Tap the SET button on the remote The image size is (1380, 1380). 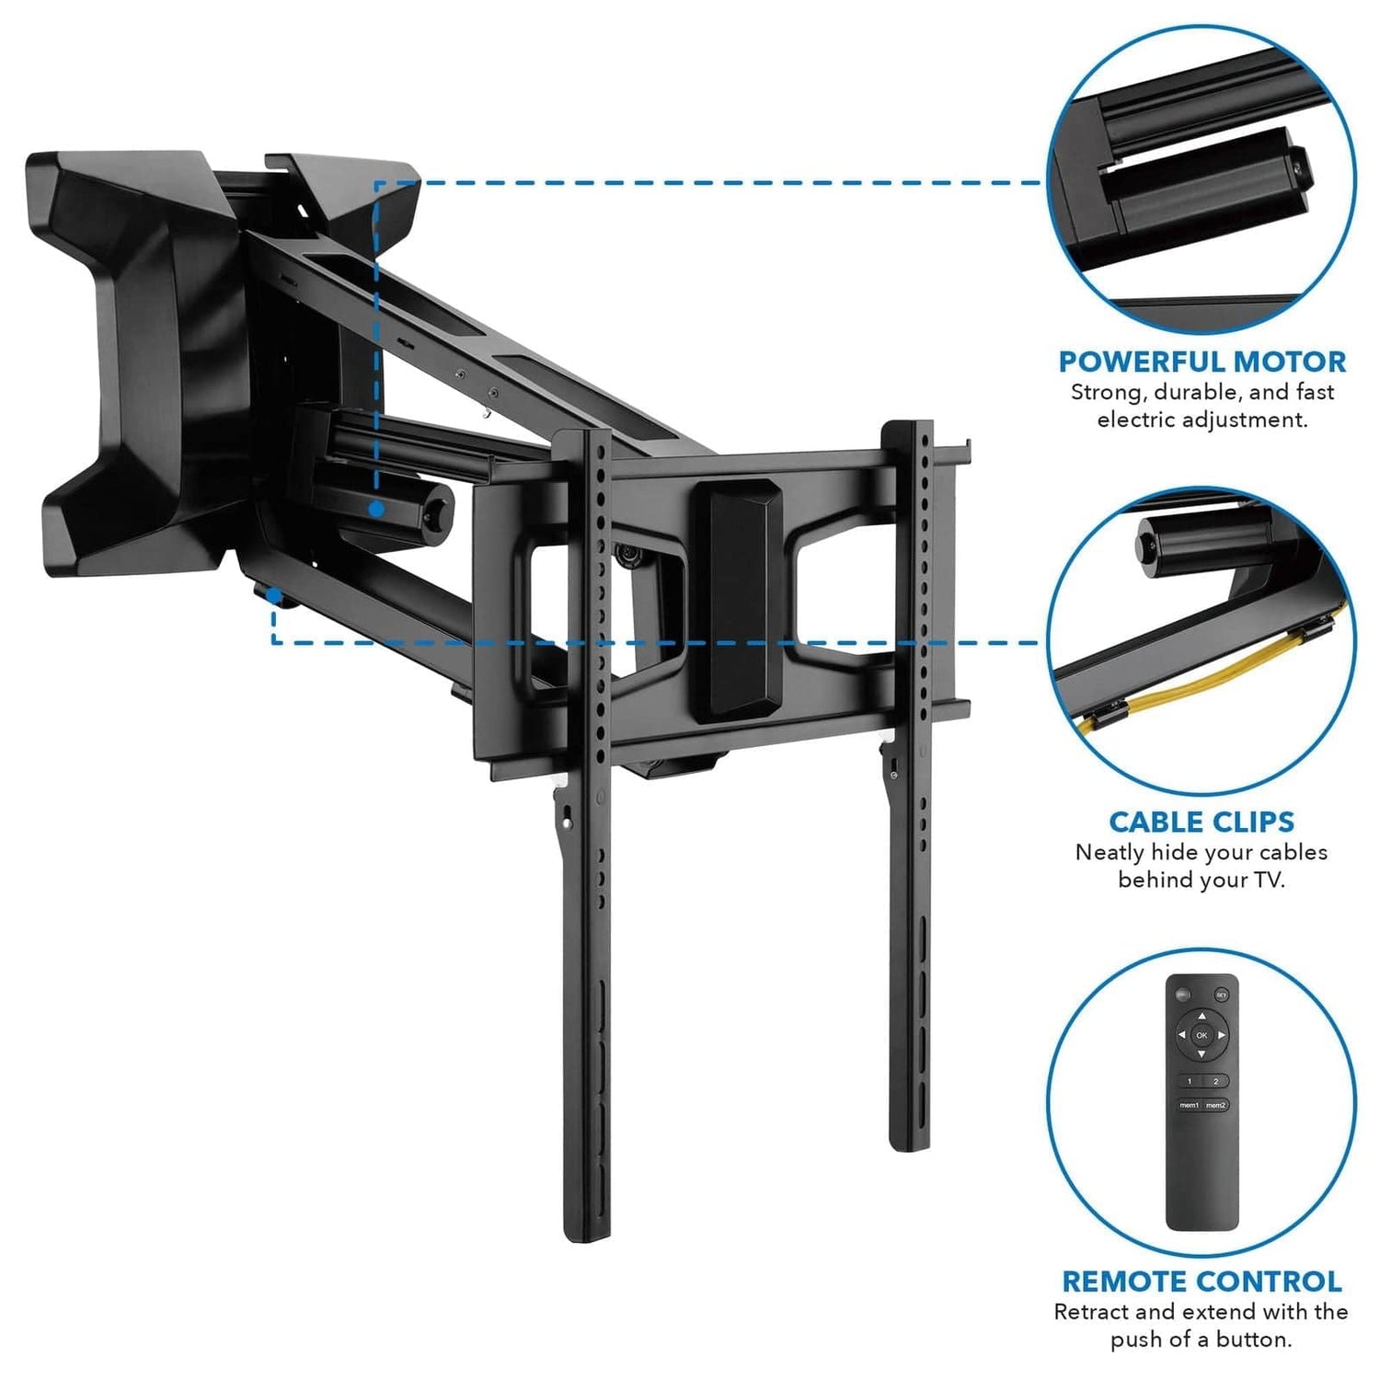coord(1221,995)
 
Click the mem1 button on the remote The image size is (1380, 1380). coord(1189,1105)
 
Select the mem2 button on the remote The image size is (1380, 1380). coord(1215,1105)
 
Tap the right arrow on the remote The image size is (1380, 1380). coord(1222,1036)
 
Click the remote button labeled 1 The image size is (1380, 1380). coord(1189,1081)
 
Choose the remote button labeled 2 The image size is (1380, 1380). coord(1215,1081)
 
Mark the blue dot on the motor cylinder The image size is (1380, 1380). coord(376,508)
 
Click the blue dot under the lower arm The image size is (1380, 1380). coord(274,596)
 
